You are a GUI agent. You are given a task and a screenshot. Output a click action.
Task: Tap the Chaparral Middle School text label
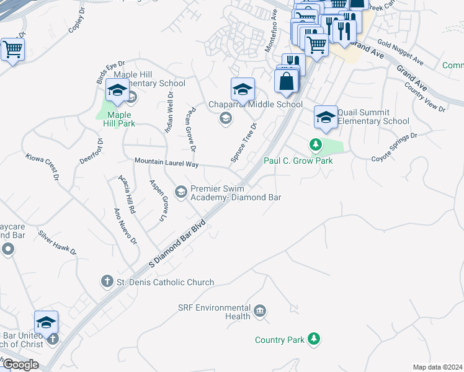tap(255, 104)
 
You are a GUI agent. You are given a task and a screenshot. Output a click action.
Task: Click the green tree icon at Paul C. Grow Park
tap(316, 145)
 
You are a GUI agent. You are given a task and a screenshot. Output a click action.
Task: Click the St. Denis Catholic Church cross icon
tap(107, 281)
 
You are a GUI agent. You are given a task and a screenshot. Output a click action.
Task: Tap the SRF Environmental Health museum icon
tap(260, 309)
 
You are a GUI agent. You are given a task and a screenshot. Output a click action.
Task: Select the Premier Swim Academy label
tap(236, 193)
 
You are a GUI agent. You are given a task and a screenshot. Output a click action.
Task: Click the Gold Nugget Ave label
tap(399, 53)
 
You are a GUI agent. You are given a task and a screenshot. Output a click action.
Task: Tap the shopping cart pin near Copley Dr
tap(12, 49)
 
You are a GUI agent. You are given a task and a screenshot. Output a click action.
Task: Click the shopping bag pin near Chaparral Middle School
tap(287, 80)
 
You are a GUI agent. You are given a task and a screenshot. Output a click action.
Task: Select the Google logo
tap(21, 364)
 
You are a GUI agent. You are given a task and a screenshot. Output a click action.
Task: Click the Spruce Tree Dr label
tap(244, 144)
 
